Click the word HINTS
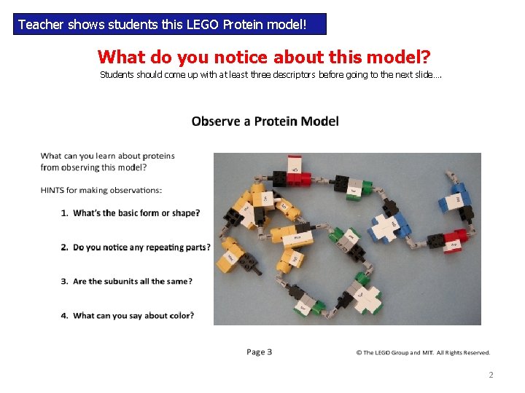point(52,191)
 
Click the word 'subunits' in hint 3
point(132,282)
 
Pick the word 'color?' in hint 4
point(180,316)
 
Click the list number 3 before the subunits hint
point(64,282)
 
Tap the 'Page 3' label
point(259,352)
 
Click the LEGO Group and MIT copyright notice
point(423,353)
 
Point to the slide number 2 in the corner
point(491,376)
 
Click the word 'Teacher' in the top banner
point(41,25)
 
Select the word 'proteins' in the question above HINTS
point(158,156)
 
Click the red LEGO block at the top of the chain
point(297,175)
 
